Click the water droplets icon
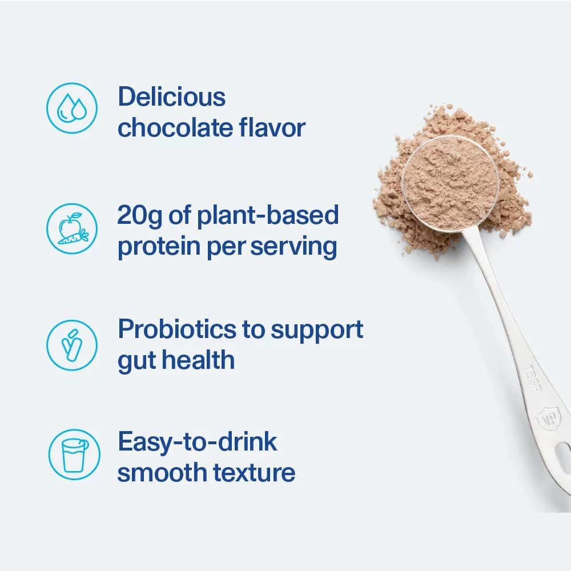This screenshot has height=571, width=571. [72, 108]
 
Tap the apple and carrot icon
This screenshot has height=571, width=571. [72, 228]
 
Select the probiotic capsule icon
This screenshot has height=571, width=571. [72, 343]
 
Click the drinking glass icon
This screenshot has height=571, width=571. [73, 455]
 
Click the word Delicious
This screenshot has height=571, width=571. [171, 97]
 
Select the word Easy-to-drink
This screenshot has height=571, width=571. [197, 443]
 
